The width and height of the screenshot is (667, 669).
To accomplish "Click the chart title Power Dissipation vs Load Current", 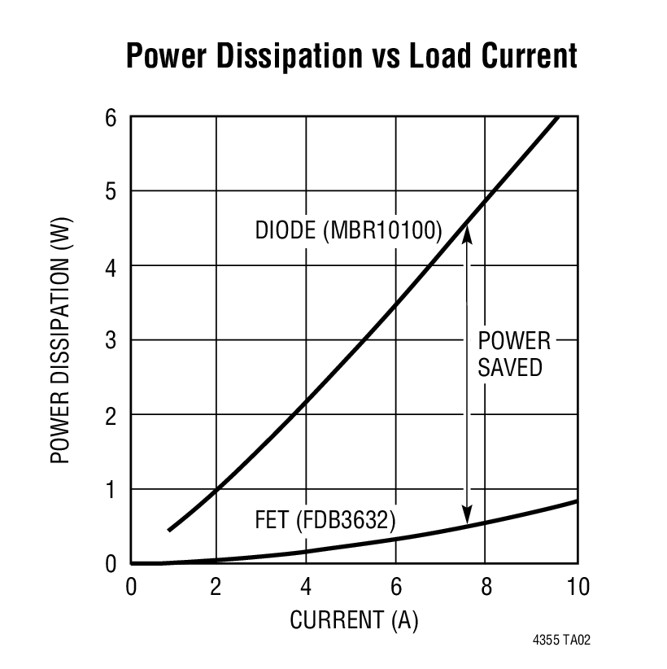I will coord(351,55).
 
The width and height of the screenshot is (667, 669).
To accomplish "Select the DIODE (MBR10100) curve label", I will coord(348,231).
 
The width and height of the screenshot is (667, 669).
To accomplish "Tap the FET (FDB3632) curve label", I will coord(325,519).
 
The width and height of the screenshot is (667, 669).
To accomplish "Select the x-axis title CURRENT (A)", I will coord(354,621).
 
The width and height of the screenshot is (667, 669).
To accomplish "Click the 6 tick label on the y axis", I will coord(111,117).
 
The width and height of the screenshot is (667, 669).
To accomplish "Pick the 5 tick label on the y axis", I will coord(111,191).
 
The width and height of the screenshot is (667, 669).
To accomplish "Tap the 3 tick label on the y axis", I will coord(111,340).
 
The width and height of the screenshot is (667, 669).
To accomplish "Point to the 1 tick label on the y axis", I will coord(111,489).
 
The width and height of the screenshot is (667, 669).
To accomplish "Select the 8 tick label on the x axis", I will coord(485,586).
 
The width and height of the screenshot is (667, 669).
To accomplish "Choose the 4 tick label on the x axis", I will coord(306,586).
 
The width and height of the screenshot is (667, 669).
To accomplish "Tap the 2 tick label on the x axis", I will coord(216,586).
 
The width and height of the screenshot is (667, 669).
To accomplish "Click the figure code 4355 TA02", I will coord(561,641).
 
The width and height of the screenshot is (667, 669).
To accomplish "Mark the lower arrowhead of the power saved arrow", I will coord(467,518).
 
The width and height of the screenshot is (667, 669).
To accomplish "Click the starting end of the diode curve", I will coord(169,530).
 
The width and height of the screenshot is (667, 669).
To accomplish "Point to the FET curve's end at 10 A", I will coord(577,501).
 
